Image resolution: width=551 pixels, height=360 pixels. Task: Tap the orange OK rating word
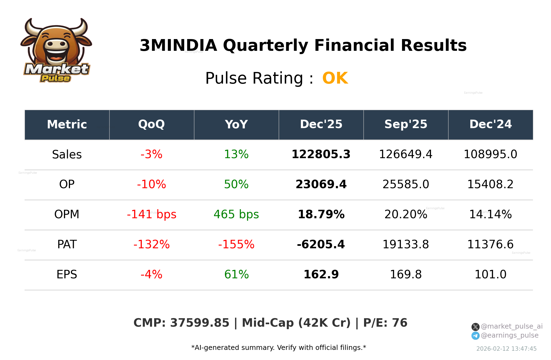tap(335, 78)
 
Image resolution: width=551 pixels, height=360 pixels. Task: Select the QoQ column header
tap(151, 125)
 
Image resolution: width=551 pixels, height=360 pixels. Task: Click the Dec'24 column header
tap(490, 125)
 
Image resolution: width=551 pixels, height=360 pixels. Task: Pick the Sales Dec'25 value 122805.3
tap(321, 155)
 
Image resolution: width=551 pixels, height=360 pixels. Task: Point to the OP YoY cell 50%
tap(236, 185)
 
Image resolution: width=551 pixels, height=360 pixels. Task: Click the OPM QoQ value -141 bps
tap(151, 215)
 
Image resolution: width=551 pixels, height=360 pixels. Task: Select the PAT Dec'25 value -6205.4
tap(321, 245)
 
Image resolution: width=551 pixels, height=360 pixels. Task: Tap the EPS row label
tap(67, 275)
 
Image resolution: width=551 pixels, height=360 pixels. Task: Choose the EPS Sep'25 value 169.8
tap(406, 275)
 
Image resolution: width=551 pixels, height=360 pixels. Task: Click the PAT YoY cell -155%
tap(236, 245)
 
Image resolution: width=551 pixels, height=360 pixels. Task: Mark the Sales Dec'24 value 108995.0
tap(490, 155)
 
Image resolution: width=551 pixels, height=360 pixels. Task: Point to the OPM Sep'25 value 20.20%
tap(406, 215)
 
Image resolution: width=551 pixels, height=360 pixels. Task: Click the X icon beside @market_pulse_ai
tap(475, 327)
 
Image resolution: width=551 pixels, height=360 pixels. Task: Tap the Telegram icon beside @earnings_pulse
tap(475, 336)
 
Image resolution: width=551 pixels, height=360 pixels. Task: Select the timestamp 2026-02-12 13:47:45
tap(506, 349)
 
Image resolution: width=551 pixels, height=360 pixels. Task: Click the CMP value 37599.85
tap(200, 323)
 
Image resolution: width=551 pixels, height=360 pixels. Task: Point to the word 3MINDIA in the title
tap(178, 46)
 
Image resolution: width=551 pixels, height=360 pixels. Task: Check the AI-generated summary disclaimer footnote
tap(279, 348)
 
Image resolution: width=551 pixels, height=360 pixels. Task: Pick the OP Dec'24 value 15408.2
tap(490, 185)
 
